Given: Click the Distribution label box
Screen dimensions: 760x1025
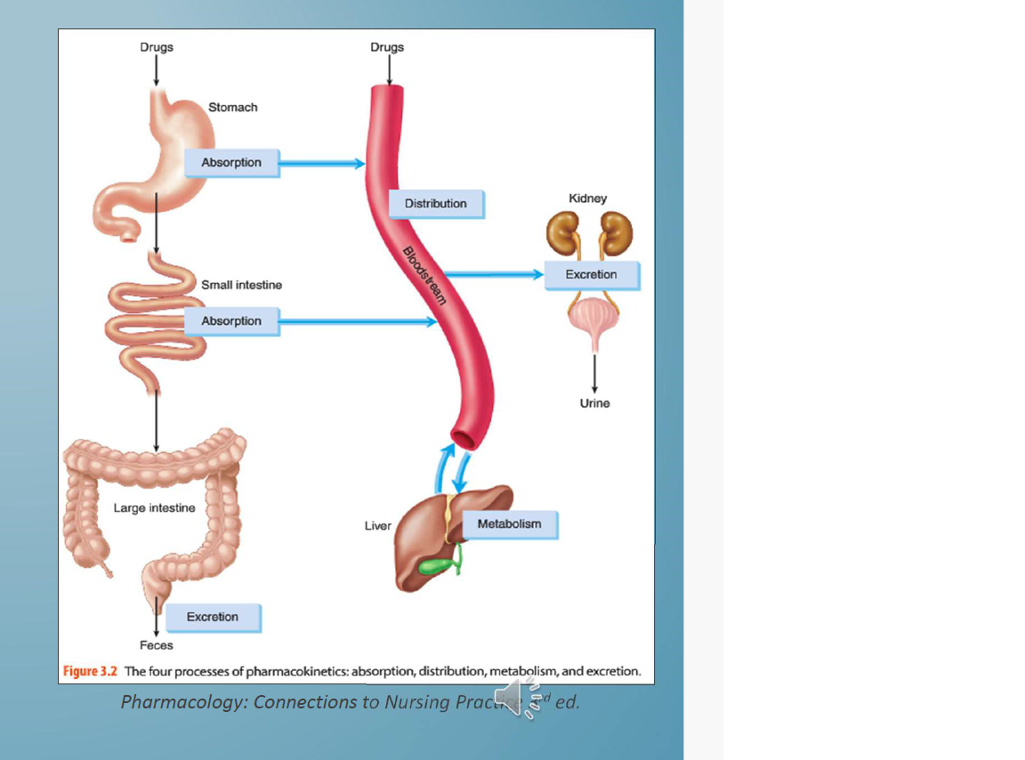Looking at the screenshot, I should [x=435, y=204].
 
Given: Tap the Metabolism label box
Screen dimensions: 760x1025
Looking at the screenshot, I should [x=509, y=524].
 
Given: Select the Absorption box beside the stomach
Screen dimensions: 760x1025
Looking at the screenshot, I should [x=231, y=163].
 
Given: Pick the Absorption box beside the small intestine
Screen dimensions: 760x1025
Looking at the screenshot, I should [x=231, y=321].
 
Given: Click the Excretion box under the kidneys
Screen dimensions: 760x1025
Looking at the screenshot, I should [x=591, y=275].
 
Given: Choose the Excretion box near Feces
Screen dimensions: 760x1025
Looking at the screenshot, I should [x=212, y=617].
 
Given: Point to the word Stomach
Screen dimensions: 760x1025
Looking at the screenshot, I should [x=232, y=108].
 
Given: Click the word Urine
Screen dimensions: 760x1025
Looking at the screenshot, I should [x=594, y=403].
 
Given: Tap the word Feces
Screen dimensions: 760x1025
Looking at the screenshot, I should [x=157, y=645].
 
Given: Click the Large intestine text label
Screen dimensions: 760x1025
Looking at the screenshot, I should [x=154, y=508].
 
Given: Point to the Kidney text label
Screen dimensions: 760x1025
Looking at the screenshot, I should [x=587, y=198].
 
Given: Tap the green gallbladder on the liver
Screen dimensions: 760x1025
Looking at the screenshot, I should [x=437, y=565].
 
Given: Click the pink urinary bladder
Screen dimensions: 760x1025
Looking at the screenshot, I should [x=592, y=317].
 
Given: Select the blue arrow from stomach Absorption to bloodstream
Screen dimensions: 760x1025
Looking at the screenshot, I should [x=322, y=163].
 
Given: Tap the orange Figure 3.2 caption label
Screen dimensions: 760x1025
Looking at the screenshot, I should [x=91, y=671].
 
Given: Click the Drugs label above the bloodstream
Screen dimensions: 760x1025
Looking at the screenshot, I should [x=387, y=47].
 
